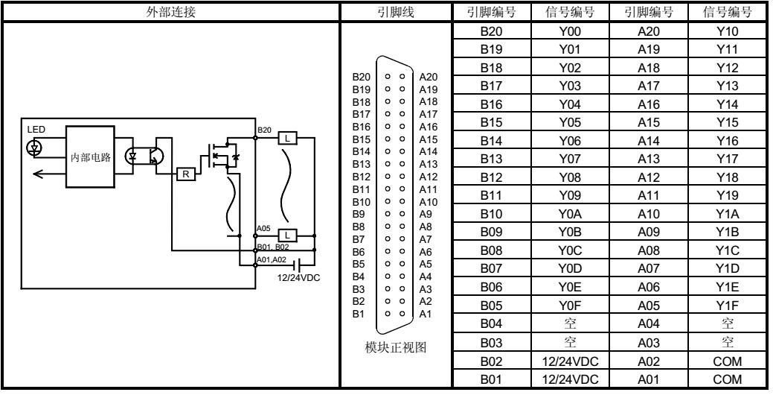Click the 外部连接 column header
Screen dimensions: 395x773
pos(170,11)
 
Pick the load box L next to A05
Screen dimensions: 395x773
pos(287,235)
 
